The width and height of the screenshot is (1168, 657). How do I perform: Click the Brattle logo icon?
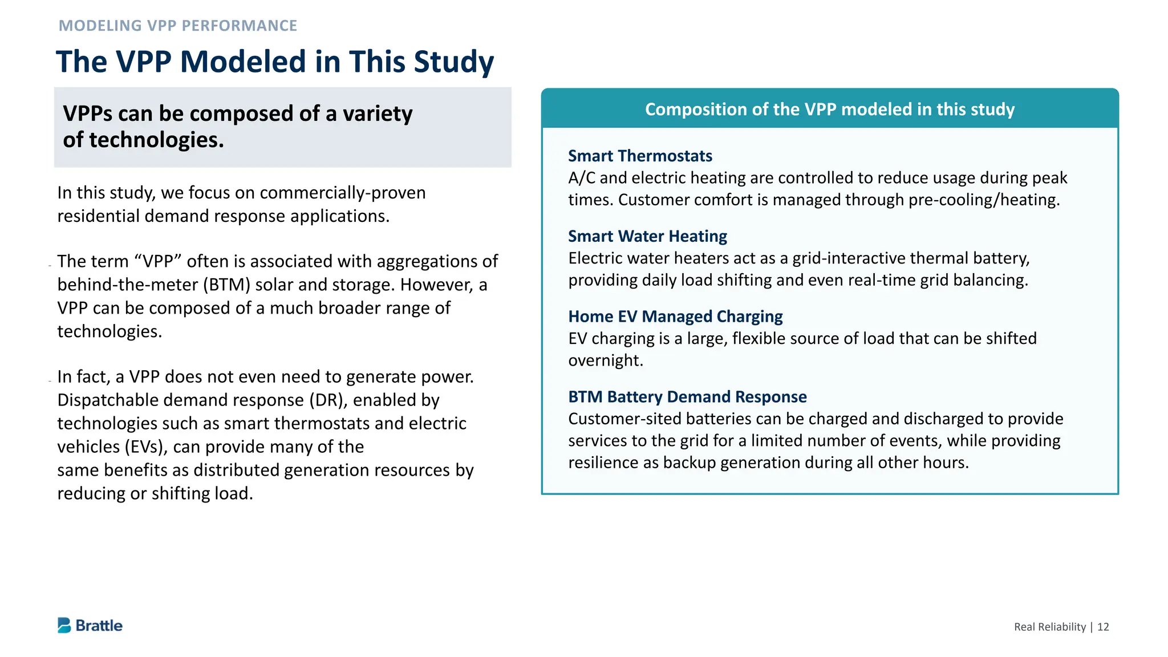pyautogui.click(x=64, y=625)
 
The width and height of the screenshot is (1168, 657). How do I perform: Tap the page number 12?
pyautogui.click(x=1103, y=627)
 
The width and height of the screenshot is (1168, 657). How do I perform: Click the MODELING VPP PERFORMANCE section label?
pyautogui.click(x=178, y=26)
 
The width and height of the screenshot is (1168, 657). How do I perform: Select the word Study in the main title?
pyautogui.click(x=453, y=62)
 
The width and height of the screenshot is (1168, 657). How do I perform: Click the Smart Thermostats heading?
pyautogui.click(x=640, y=156)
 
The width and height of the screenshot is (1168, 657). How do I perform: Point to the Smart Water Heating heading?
pyautogui.click(x=647, y=236)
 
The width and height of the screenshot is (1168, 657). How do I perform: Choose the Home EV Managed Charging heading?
pyautogui.click(x=675, y=317)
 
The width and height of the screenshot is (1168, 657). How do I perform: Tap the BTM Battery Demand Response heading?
pyautogui.click(x=687, y=397)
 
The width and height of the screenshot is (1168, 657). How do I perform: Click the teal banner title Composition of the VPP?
pyautogui.click(x=829, y=109)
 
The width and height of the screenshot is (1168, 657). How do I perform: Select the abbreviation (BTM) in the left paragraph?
pyautogui.click(x=226, y=285)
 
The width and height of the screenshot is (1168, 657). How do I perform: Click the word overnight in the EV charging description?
pyautogui.click(x=605, y=360)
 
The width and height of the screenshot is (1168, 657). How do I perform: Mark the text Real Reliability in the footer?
pyautogui.click(x=1049, y=627)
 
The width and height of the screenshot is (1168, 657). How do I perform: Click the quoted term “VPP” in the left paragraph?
pyautogui.click(x=158, y=261)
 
